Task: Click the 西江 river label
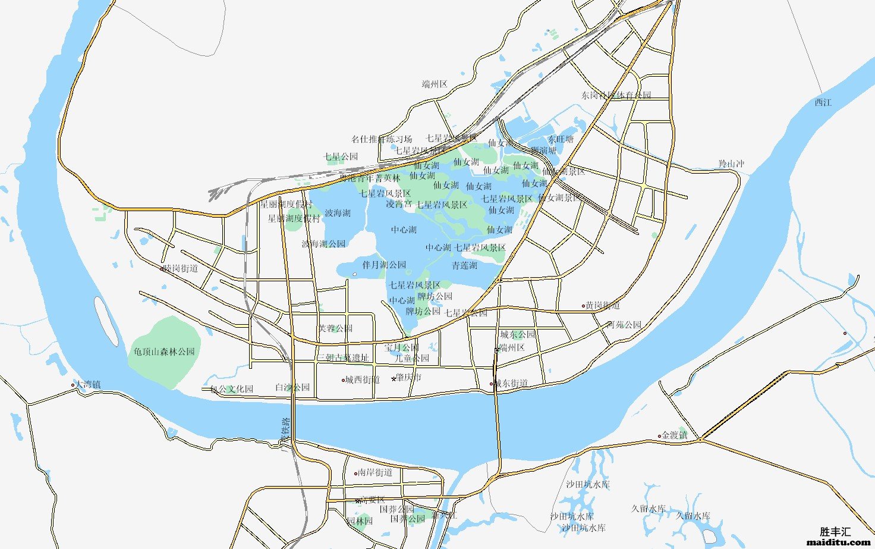coord(823,102)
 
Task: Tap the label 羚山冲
coord(731,164)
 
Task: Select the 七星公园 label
coord(341,156)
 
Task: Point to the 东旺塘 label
coord(561,139)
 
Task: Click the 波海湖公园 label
coord(323,244)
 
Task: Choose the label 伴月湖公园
coord(384,265)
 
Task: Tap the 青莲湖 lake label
coord(464,265)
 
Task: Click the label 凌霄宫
coord(398,204)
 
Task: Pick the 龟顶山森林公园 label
coord(165,352)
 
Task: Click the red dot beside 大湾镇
coord(73,385)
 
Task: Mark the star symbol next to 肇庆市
coord(394,378)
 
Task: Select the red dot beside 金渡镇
coord(659,436)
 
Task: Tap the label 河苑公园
coord(624,325)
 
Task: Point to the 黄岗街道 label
coord(602,305)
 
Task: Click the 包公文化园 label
coord(232,389)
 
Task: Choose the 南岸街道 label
coord(374,472)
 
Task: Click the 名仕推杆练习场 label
coord(381,139)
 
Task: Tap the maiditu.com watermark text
coord(838,542)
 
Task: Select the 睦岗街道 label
coord(181,268)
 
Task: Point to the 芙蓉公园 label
coord(335,328)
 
